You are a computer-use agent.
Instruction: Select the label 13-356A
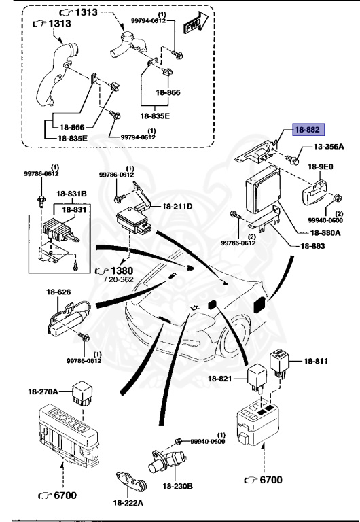pyautogui.click(x=328, y=147)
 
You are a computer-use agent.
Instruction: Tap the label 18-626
pyautogui.click(x=58, y=292)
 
